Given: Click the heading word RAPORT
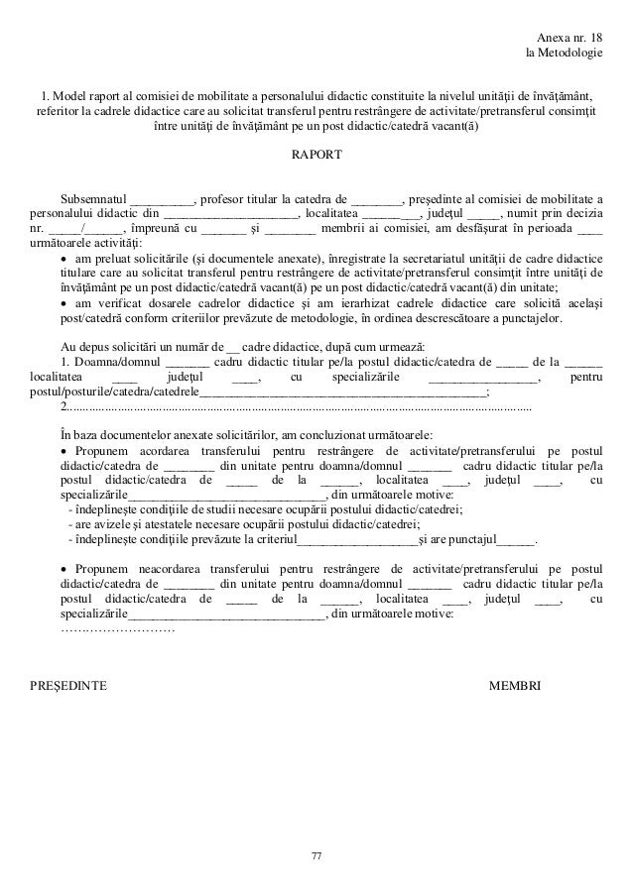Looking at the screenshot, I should coord(316,157).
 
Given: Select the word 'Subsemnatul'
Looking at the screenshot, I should coord(94,197).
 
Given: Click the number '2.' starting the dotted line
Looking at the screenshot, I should coord(65,407).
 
